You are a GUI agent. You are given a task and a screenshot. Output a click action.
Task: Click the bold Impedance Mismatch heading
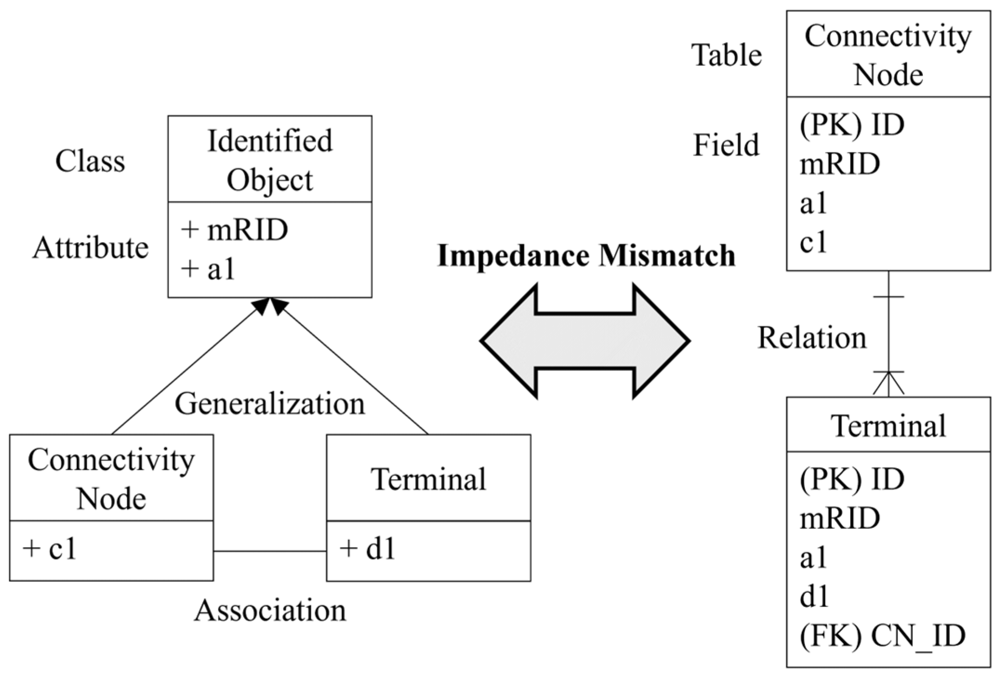coord(586,256)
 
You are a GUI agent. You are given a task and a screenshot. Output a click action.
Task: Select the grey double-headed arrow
coord(585,341)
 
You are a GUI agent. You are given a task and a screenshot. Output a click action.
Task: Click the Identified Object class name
coord(269,160)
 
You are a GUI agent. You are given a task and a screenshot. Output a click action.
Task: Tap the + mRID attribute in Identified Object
coord(235,230)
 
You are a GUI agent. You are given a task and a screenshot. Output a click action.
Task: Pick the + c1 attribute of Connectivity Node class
coord(50,549)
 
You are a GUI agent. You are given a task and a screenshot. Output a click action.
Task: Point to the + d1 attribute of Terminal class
coord(368,549)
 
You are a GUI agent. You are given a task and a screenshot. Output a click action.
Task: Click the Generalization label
coord(269,404)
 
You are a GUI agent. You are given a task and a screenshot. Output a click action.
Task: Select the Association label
coord(270,611)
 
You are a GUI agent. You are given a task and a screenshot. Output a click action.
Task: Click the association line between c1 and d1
coord(269,552)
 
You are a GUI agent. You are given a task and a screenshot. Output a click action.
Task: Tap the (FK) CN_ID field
coord(882,636)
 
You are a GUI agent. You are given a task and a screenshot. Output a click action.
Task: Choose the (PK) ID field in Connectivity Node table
coord(852,125)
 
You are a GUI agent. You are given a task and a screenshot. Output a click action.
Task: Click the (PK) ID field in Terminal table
coord(852,479)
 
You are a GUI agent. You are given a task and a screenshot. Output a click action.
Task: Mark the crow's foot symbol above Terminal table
coord(888,384)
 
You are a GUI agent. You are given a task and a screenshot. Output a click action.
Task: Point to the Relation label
coord(812,338)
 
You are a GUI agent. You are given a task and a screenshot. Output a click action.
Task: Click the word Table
coord(726,55)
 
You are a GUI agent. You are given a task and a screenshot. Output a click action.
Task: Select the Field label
coord(726,145)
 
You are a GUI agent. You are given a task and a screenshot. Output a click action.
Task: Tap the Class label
coord(90,161)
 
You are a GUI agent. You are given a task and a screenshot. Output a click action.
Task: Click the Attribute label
coord(91,248)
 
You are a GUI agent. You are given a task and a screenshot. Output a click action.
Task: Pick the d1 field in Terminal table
coord(814,597)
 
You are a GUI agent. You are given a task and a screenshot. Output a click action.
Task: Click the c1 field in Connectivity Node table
coord(813,242)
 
